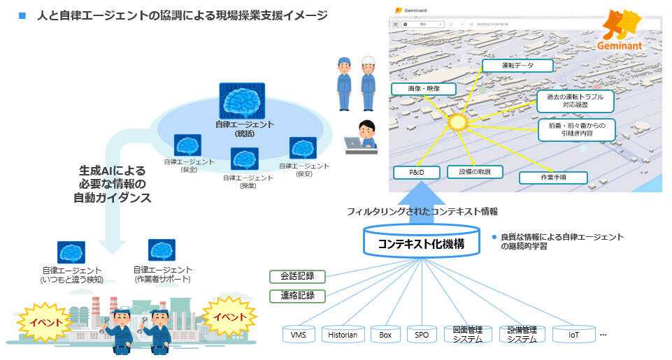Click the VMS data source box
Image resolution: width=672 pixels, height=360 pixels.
[x=303, y=335]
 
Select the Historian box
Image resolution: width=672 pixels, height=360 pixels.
[x=343, y=335]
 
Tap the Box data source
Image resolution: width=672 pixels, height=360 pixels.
[x=385, y=335]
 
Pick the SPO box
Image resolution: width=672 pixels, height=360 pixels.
[x=422, y=335]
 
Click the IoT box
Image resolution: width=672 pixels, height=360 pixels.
[x=573, y=335]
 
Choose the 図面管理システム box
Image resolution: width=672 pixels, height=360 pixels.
[x=468, y=335]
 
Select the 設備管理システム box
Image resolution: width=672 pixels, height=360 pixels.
[x=521, y=335]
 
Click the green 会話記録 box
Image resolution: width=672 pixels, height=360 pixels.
[x=297, y=276]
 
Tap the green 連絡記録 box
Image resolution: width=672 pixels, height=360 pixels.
[x=297, y=296]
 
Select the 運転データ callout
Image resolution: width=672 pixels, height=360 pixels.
[x=517, y=66]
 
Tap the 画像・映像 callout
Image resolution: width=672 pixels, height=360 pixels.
[x=424, y=89]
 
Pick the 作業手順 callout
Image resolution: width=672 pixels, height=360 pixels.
[x=552, y=178]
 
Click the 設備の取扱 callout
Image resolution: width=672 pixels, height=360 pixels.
[x=475, y=172]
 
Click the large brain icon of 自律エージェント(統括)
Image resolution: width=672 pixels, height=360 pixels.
[x=242, y=101]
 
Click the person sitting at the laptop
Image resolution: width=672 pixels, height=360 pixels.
[x=364, y=136]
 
